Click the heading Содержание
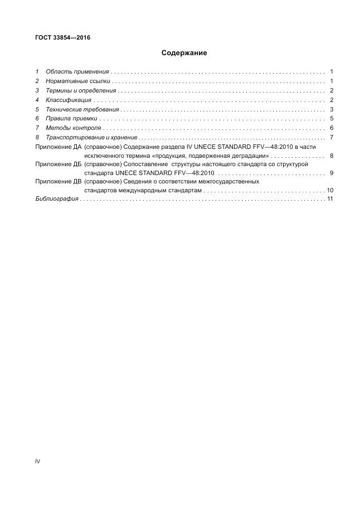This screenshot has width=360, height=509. pos(184,53)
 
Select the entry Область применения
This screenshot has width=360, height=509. pos(77,72)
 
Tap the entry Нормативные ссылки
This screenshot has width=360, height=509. pos(77,81)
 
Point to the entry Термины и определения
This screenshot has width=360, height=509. pos(81,90)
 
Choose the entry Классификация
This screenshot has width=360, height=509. pos(69,100)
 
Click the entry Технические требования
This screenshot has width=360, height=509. pos(82,109)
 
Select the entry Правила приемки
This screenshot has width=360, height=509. pos(71,119)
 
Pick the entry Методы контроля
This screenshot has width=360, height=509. pos(73,128)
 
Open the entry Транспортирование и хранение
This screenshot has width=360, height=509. pos(91,137)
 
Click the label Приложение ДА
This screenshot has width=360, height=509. pos(58,147)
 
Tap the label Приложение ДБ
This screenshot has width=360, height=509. pos(58,165)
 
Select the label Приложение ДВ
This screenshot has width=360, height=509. pos(58,182)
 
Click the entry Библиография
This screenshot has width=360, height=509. pos(56,198)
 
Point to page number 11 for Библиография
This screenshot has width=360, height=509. pos(330,198)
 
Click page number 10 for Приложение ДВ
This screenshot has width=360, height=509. pos(330,190)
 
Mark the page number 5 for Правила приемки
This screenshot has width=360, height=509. pos(331,119)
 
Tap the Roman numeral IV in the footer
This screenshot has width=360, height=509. pos(37,461)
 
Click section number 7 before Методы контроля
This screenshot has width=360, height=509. pos(37,128)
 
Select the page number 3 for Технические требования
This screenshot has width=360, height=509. pos(331,109)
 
